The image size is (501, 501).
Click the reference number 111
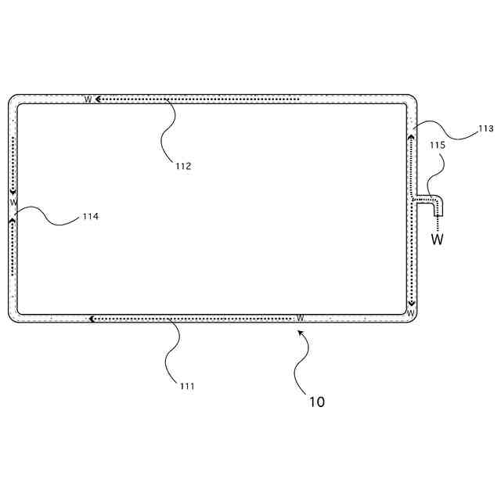click(x=186, y=386)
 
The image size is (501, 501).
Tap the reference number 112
click(x=183, y=165)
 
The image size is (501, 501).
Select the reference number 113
click(x=485, y=128)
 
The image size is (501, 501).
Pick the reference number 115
click(x=437, y=146)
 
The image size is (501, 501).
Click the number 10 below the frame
click(x=316, y=402)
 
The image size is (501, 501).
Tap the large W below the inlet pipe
click(x=438, y=240)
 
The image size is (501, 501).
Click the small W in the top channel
click(x=88, y=99)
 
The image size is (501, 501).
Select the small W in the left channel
click(x=13, y=202)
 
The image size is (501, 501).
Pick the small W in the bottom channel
click(x=300, y=319)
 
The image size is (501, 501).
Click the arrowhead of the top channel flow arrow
click(x=98, y=99)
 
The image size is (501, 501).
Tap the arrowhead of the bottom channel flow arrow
click(x=92, y=319)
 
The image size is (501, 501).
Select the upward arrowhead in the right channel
click(x=411, y=138)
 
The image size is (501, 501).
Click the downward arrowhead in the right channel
click(x=411, y=302)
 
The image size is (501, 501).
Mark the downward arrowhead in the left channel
click(x=13, y=193)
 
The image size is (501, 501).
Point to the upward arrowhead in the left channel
click(x=13, y=220)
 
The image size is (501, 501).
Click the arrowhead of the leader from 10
click(x=298, y=332)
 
